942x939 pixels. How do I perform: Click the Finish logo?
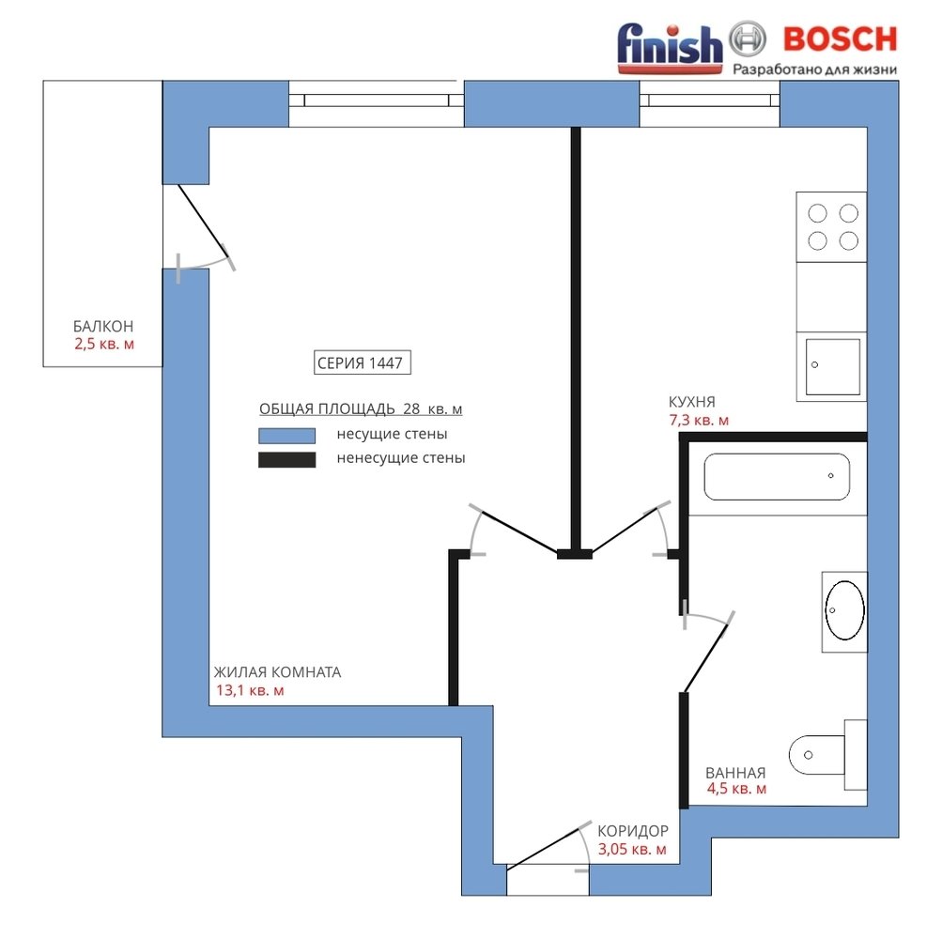[670, 48]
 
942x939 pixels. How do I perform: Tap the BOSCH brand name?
[840, 39]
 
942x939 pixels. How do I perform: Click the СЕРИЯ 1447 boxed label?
[363, 362]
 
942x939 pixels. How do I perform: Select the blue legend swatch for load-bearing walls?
[286, 435]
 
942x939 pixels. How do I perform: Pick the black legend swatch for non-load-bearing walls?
[286, 459]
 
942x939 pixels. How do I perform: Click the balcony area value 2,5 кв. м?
[104, 345]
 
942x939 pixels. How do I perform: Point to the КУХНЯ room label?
[691, 402]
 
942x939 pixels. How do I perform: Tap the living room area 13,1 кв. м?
[250, 690]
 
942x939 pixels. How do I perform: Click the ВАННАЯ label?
[735, 773]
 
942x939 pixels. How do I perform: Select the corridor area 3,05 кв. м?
[632, 850]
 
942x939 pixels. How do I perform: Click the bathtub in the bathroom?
[777, 477]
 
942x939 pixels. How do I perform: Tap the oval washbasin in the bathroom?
[844, 610]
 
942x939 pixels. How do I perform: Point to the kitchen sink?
[832, 366]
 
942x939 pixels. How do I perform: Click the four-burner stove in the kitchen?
[831, 226]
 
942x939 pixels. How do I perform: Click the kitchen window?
[709, 103]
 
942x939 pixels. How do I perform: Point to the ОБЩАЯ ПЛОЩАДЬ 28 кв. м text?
[361, 409]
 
